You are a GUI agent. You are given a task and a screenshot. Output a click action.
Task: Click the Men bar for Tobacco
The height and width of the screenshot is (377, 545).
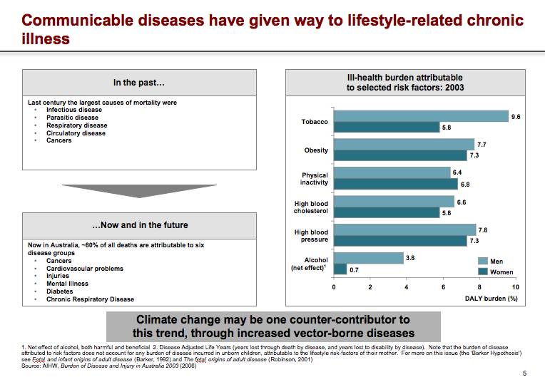[x=421, y=116]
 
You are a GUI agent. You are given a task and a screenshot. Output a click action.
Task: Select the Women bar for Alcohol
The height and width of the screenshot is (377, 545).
[x=340, y=269]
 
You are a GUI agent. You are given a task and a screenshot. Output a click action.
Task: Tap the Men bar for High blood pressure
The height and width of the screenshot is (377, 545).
[x=404, y=229]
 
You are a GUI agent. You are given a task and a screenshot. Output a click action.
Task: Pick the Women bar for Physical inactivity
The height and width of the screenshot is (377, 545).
[x=395, y=184]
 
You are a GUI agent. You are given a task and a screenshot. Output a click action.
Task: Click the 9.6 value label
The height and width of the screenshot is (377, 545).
[x=516, y=116]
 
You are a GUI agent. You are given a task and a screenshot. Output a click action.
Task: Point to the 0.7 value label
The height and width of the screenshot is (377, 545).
[x=354, y=269]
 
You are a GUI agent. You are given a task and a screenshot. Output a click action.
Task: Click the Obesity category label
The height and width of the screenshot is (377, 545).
[x=316, y=150]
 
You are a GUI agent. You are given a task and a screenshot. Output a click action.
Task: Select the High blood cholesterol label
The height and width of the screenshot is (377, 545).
[x=311, y=207]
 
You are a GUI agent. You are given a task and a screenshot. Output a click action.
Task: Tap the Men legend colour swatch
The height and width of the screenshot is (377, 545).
[x=482, y=262]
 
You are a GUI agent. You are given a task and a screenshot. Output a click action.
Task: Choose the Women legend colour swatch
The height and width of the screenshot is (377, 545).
[x=482, y=272]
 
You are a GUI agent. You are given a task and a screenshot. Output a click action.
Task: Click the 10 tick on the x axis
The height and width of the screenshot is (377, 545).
[x=516, y=286]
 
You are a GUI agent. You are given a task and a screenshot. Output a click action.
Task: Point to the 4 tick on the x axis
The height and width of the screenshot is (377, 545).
[x=407, y=286]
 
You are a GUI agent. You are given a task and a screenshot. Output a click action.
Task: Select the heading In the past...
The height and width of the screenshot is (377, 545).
[x=139, y=83]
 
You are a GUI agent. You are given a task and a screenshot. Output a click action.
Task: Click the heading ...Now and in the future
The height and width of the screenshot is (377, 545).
[x=139, y=225]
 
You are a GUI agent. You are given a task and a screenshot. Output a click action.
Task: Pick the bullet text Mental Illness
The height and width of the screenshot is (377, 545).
[x=68, y=284]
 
